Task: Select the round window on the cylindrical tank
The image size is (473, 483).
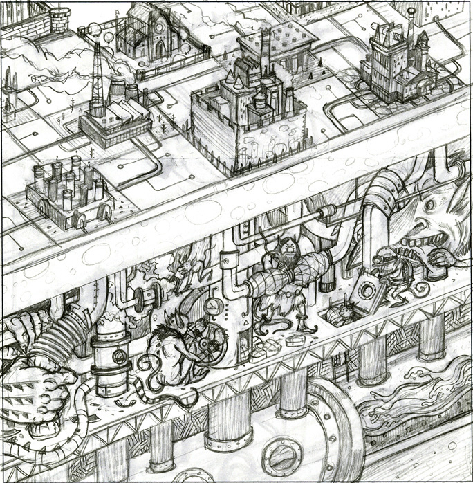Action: pyautogui.click(x=119, y=358)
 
